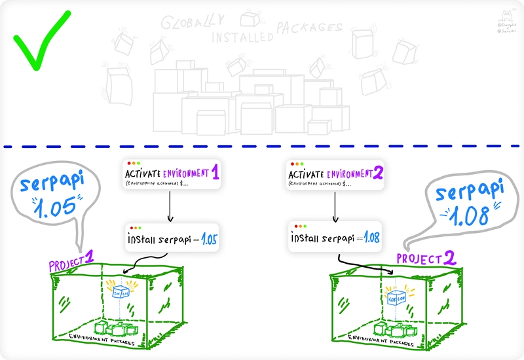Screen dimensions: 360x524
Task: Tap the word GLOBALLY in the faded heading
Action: point(187,24)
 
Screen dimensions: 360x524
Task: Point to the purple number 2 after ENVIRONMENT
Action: point(378,173)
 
